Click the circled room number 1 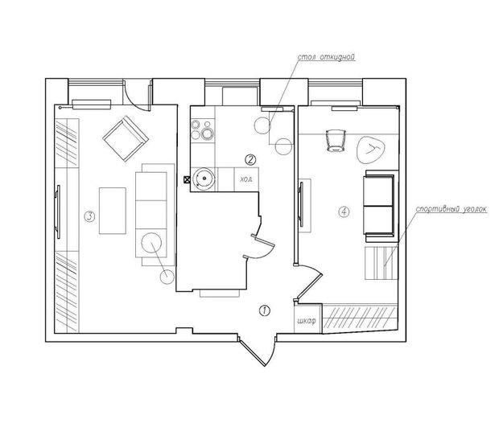tap(265, 310)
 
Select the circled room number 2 tap(250, 159)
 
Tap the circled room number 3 tap(89, 216)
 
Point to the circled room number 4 tap(344, 211)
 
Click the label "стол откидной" tap(326, 57)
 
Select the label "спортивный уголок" tap(452, 209)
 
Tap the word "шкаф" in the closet tap(307, 321)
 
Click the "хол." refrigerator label tap(246, 179)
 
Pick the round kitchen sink tap(204, 179)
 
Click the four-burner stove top tap(202, 130)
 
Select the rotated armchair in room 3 tap(126, 138)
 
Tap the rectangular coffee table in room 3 tap(113, 211)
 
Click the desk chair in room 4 tap(336, 140)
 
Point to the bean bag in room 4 tap(371, 149)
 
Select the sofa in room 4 tap(381, 206)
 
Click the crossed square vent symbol tap(187, 179)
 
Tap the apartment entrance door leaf tap(253, 353)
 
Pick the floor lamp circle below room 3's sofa tap(167, 277)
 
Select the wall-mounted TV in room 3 tap(58, 211)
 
